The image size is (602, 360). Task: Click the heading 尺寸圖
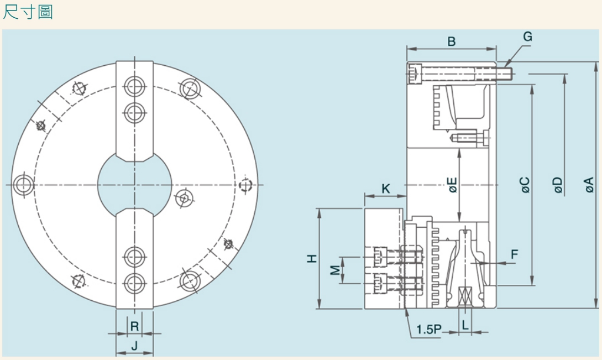[28, 12]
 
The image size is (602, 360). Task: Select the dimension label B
[452, 41]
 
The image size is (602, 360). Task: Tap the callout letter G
[527, 37]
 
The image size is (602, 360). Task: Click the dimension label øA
[589, 185]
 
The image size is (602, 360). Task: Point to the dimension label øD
[558, 185]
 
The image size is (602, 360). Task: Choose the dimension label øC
[526, 185]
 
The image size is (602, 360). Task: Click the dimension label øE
[453, 185]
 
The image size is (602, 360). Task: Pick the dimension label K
[386, 189]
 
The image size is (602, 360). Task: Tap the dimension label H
[312, 258]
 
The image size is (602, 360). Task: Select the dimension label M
[334, 270]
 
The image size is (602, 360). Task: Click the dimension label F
[514, 255]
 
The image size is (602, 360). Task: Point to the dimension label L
[465, 326]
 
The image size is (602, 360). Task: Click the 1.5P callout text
[428, 330]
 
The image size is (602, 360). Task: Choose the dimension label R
[134, 326]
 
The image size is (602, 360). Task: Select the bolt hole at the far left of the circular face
[23, 184]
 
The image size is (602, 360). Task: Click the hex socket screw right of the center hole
[185, 197]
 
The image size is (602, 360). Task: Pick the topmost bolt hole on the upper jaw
[134, 86]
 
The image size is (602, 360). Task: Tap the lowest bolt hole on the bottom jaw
[134, 283]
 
